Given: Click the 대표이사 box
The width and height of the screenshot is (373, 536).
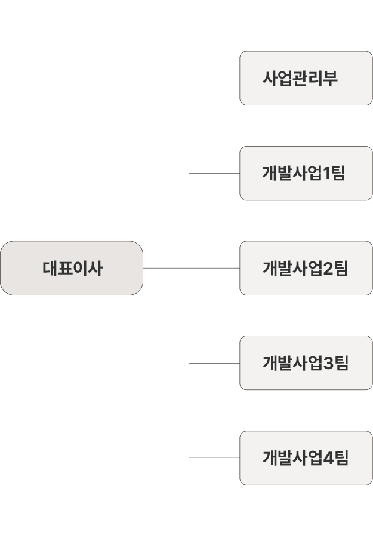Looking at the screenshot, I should (72, 268).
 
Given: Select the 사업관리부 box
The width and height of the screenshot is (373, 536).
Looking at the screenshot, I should (306, 78).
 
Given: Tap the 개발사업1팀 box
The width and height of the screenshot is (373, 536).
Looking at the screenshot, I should (306, 173).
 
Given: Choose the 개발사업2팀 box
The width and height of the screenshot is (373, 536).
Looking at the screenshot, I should (306, 268).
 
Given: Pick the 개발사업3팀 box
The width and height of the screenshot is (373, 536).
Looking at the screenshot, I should (306, 363).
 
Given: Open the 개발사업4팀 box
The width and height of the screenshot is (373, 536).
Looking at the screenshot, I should (306, 457).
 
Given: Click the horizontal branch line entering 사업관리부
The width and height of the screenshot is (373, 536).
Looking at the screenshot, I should (215, 79).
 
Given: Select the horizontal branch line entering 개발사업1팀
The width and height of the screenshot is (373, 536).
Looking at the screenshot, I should (215, 173).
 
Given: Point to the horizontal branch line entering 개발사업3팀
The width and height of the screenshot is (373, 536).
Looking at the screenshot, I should (215, 363).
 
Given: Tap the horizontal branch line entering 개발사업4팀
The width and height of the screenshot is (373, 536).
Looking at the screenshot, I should (215, 457).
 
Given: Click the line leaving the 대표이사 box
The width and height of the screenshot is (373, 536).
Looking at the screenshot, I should (165, 268).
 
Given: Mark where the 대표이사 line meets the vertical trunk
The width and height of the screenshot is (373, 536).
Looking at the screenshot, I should (189, 268).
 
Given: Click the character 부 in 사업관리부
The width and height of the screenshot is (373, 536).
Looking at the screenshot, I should (330, 78).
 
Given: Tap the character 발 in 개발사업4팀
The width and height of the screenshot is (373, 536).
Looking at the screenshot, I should (286, 457).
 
